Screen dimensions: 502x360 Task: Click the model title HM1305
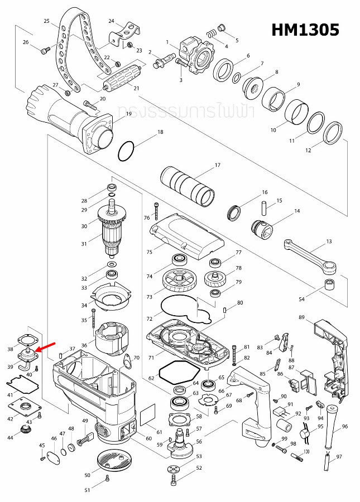[305, 30]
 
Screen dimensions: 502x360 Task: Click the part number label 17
[218, 165]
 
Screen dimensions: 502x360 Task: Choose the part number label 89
[301, 317]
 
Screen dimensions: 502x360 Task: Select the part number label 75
[149, 252]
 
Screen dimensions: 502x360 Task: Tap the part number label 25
[47, 21]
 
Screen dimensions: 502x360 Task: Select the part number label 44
[26, 438]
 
